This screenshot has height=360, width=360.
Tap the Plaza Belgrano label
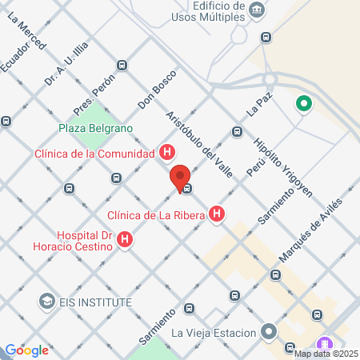click(96, 127)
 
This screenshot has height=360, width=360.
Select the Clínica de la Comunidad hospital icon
click(167, 152)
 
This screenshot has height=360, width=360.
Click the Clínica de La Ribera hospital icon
click(217, 214)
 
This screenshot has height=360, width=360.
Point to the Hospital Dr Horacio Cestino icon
click(125, 238)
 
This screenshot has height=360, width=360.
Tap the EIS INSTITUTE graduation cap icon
click(46, 302)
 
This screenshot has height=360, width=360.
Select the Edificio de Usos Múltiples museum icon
click(257, 10)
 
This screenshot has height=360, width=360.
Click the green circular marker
click(303, 103)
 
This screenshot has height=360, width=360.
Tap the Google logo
click(26, 350)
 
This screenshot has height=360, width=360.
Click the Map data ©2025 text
click(326, 354)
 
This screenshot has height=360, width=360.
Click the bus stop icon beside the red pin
click(186, 189)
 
